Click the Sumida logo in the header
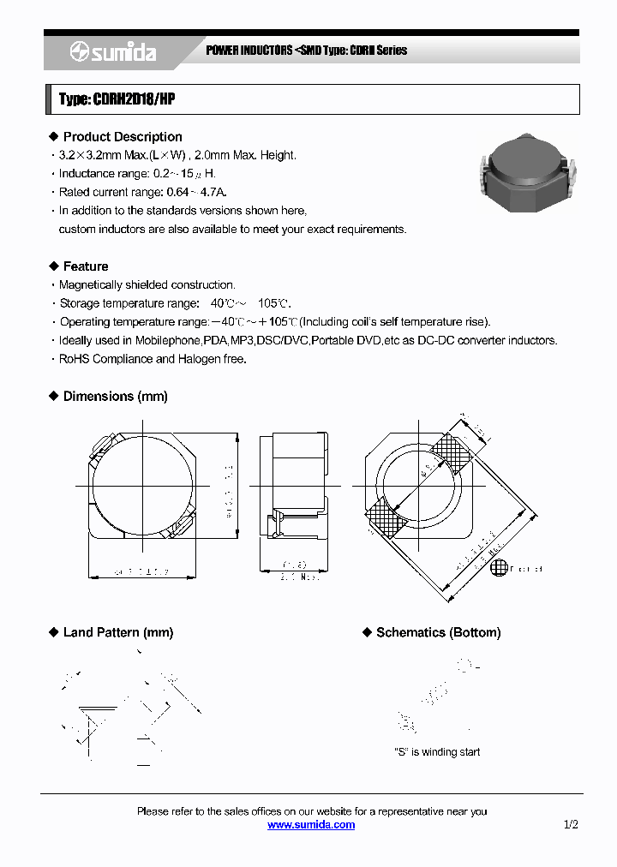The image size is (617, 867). tap(113, 52)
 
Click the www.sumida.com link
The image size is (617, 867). tap(311, 824)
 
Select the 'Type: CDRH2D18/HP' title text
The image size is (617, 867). tap(117, 100)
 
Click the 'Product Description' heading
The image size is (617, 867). tap(123, 137)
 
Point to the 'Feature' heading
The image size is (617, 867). tap(86, 266)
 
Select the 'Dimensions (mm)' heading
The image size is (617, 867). tap(116, 397)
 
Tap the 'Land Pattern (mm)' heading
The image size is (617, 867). tap(118, 632)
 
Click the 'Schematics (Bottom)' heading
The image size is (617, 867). tap(438, 632)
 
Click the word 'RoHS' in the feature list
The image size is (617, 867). tap(75, 359)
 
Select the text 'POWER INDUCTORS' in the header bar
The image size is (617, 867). tap(249, 51)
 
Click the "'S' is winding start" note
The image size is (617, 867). tap(436, 751)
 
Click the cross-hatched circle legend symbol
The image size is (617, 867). tap(498, 568)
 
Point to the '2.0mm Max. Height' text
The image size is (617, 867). tap(248, 155)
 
